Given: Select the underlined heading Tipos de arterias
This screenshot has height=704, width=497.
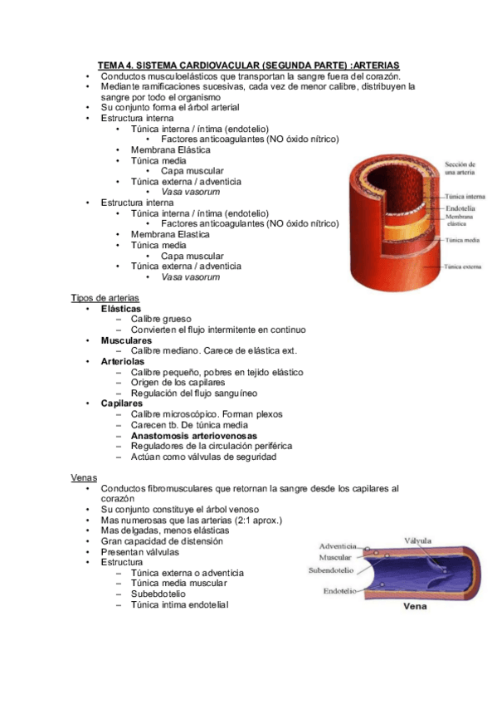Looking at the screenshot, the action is (x=105, y=298).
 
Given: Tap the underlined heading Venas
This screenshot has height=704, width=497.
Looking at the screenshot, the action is (x=84, y=477).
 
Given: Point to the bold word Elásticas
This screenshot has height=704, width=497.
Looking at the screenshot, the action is (x=120, y=309).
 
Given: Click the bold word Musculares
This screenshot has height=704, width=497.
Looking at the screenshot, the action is (x=126, y=340).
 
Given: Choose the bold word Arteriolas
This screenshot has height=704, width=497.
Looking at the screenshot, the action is (x=123, y=362).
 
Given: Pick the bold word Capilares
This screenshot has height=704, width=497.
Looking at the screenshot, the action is (x=123, y=403).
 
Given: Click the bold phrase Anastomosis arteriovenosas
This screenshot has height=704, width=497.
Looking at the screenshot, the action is (x=193, y=435).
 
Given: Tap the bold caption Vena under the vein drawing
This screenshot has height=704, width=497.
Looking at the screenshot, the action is (x=415, y=607).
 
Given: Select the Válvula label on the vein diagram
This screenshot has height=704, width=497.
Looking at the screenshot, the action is (x=417, y=540).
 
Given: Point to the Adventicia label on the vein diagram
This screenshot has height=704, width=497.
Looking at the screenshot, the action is (x=338, y=546).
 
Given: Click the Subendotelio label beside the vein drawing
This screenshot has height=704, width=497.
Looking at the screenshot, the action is (x=333, y=570).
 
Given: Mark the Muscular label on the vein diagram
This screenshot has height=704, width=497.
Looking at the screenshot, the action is (x=336, y=558).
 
